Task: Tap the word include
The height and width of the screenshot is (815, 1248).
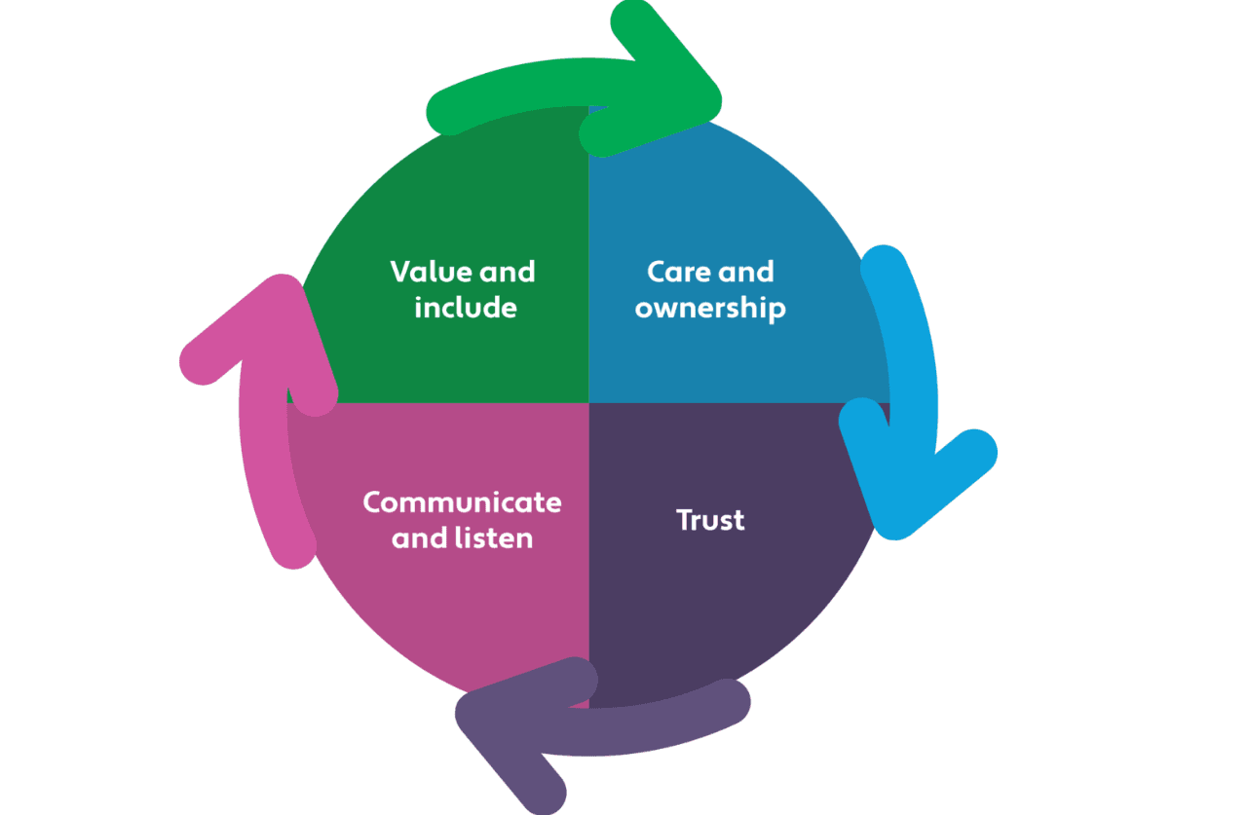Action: pyautogui.click(x=465, y=308)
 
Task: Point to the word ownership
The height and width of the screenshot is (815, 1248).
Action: pyautogui.click(x=710, y=309)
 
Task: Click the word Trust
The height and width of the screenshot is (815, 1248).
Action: pyautogui.click(x=710, y=520)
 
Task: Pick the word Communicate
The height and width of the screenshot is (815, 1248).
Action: pyautogui.click(x=462, y=502)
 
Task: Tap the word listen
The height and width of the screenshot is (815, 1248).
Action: pyautogui.click(x=498, y=537)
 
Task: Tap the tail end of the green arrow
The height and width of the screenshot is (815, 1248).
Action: pyautogui.click(x=447, y=113)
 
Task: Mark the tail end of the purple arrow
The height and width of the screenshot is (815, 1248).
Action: pyautogui.click(x=731, y=700)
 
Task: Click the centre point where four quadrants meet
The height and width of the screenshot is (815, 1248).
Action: pyautogui.click(x=588, y=402)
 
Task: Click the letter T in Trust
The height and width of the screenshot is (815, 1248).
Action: pyautogui.click(x=685, y=520)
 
